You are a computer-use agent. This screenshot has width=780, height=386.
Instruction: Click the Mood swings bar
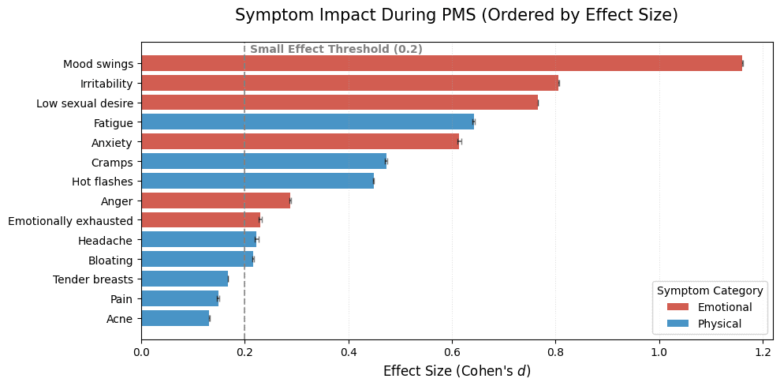[x=442, y=63]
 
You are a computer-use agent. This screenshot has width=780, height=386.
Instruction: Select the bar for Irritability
[x=349, y=83]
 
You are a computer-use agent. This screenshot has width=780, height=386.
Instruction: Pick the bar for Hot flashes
[x=257, y=182]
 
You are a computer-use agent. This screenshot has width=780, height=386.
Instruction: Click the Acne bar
[x=175, y=318]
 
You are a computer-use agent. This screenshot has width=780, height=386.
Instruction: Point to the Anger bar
[x=215, y=200]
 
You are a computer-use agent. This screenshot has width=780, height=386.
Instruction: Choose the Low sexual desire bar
[x=339, y=103]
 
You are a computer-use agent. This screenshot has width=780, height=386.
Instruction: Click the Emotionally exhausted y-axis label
[x=70, y=220]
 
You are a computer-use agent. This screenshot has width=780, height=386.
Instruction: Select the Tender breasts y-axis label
[x=92, y=279]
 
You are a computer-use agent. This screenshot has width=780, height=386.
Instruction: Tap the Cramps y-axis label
[x=112, y=162]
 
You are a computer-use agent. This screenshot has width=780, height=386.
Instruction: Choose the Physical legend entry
[x=719, y=324]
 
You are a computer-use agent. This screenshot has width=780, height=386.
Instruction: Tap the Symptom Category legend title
[x=710, y=290]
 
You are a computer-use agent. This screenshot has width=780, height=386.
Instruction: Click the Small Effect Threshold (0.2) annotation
[x=336, y=49]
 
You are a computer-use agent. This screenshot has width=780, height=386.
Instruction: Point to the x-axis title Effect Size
[x=457, y=371]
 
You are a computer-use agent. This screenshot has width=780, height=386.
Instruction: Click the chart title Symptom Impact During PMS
[x=457, y=15]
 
